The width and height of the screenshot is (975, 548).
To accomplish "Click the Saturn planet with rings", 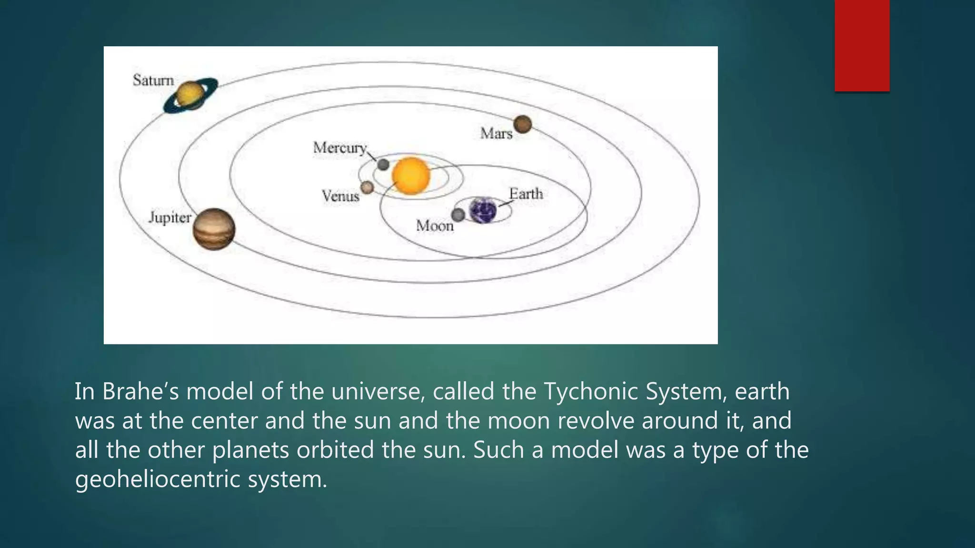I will click(190, 95).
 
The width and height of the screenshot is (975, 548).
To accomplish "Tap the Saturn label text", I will click(153, 80).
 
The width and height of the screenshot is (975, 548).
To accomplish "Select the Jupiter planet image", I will click(214, 229).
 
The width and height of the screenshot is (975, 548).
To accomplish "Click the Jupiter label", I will click(169, 217).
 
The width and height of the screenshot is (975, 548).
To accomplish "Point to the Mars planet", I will click(522, 124).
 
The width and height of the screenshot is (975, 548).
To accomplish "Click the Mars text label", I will click(496, 133).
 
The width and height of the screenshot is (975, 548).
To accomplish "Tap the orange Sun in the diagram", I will click(411, 176).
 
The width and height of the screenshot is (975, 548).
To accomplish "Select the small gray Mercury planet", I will click(383, 165).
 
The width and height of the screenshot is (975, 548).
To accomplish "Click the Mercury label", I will click(339, 148).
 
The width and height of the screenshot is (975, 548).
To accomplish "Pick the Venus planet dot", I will click(367, 187).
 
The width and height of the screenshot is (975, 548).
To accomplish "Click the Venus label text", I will click(340, 196).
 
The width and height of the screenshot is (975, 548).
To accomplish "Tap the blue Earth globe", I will click(483, 211).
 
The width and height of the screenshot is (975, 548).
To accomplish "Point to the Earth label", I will click(526, 194).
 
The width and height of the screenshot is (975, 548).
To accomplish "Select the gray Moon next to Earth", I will click(458, 215).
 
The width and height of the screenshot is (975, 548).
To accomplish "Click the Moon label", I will click(434, 225).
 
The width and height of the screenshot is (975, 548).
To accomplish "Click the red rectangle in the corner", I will click(862, 45).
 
